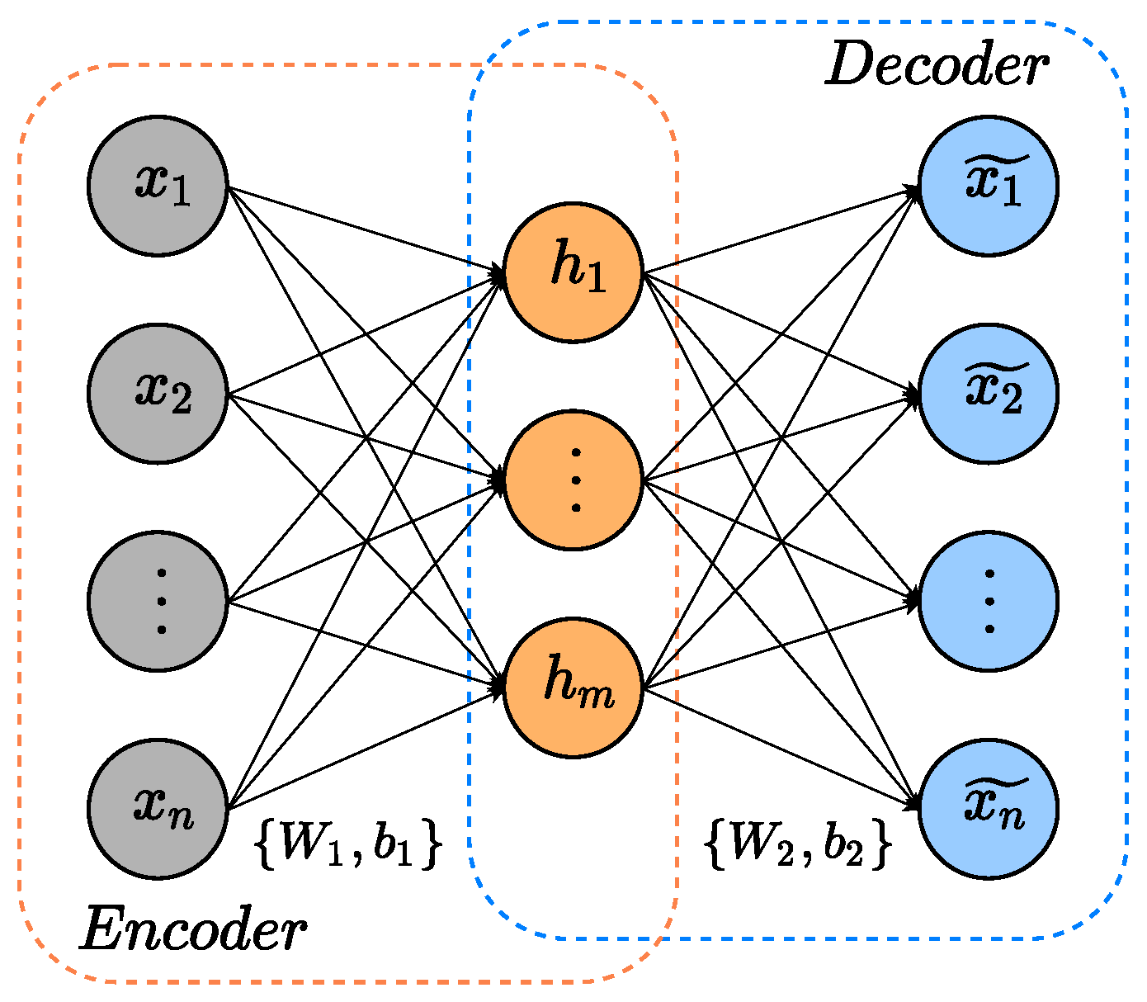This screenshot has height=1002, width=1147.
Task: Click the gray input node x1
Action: pos(158,186)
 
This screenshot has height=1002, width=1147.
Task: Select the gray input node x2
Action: pos(158,394)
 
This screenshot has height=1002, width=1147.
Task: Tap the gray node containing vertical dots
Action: pos(158,602)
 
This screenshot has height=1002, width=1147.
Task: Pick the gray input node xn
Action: pos(158,809)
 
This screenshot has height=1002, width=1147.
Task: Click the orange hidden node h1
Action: pos(573,272)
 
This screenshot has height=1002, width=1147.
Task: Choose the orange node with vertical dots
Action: pos(573,480)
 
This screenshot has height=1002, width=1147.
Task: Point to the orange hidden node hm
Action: pos(573,688)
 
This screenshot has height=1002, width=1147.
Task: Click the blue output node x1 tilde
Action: pos(989,186)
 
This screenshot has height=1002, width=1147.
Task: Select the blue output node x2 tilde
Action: pos(989,394)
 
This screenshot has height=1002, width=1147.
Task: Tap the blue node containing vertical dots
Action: pos(989,602)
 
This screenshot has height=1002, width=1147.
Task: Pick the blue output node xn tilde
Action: pos(989,809)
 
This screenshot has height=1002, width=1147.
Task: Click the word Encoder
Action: pos(193,930)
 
